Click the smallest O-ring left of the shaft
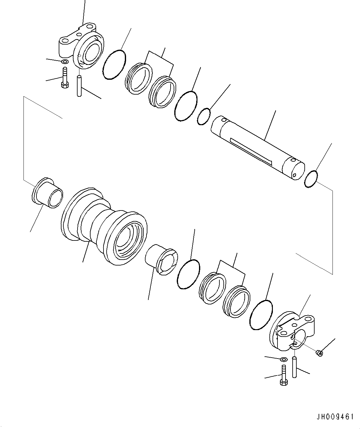tap(204, 117)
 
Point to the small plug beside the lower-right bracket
tap(320, 353)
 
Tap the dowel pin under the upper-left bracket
tap(79, 86)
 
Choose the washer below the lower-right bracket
tap(283, 359)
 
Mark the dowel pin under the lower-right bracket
tap(295, 367)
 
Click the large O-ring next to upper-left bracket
tap(114, 65)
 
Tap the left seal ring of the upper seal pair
tap(139, 78)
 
